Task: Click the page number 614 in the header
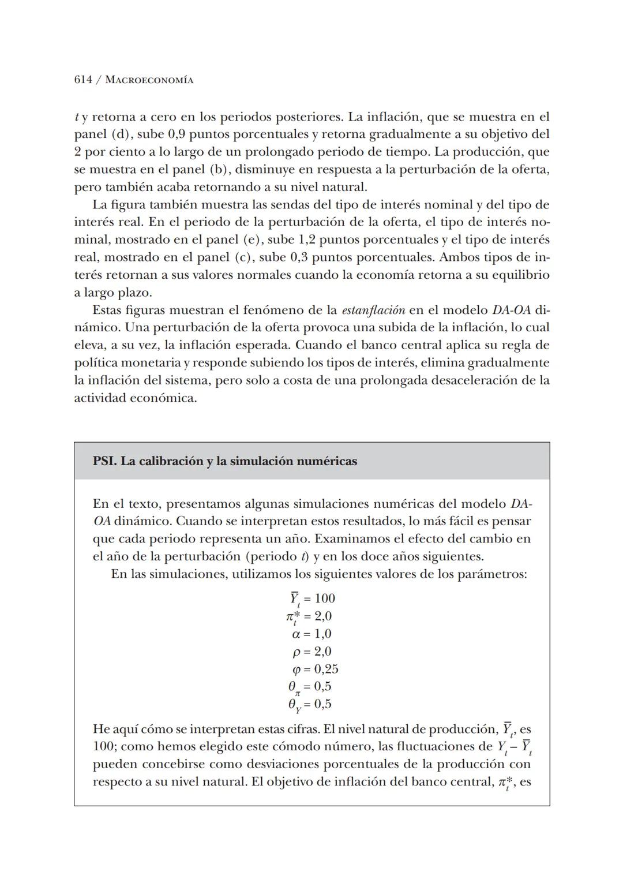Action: [x=83, y=80]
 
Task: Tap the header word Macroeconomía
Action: [x=149, y=80]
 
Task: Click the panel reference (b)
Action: [x=216, y=170]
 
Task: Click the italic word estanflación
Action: [x=373, y=311]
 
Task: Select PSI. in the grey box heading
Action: [x=105, y=461]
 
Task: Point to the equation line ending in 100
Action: [x=312, y=599]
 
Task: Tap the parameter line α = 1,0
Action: [x=311, y=634]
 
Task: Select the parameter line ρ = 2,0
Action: [x=311, y=652]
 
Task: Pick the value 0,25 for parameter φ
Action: [x=326, y=669]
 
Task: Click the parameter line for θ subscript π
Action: [x=310, y=687]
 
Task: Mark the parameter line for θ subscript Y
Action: [x=310, y=704]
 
